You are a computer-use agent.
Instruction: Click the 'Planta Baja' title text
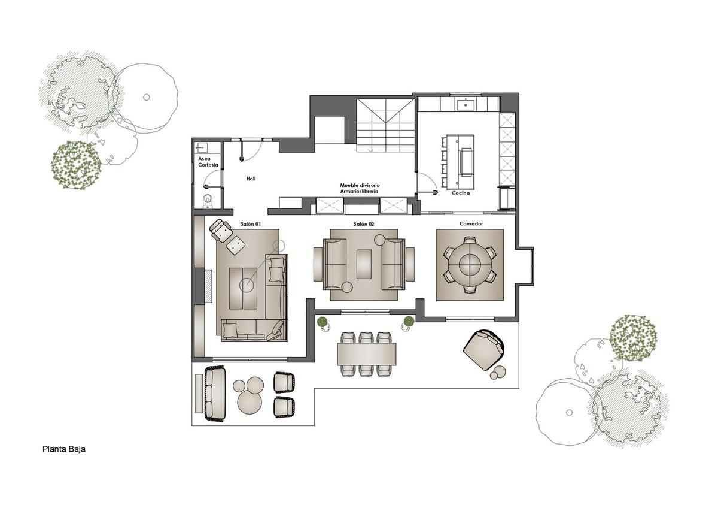click(x=64, y=449)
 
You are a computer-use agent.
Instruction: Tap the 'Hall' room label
click(x=251, y=179)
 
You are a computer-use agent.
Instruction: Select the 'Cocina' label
click(x=461, y=193)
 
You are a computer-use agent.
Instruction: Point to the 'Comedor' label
click(x=471, y=223)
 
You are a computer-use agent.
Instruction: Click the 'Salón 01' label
click(x=251, y=224)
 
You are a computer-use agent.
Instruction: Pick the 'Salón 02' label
click(x=364, y=224)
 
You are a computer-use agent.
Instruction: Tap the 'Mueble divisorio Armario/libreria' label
click(x=360, y=188)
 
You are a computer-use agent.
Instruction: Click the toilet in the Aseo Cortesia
click(x=208, y=201)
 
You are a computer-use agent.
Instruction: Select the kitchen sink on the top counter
click(x=465, y=104)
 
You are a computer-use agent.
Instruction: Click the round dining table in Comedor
click(x=470, y=265)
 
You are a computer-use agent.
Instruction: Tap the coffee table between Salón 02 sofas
click(x=364, y=264)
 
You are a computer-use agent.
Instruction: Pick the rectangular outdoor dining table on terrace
click(x=366, y=354)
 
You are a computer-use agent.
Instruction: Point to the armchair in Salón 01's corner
click(x=221, y=230)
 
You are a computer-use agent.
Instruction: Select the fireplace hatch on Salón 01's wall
click(x=208, y=286)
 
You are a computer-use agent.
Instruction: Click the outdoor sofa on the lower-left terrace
click(x=215, y=394)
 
